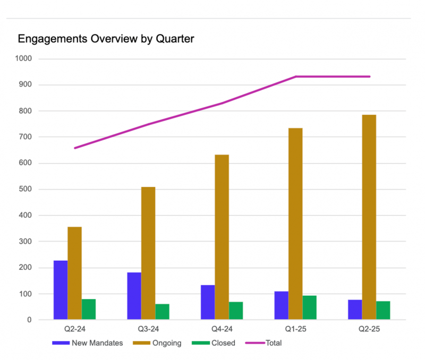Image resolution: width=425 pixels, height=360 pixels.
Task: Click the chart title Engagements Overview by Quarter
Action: pyautogui.click(x=106, y=39)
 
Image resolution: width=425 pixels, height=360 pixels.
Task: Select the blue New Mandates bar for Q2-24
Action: pyautogui.click(x=61, y=290)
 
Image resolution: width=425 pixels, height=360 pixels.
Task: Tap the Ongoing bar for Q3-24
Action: pyautogui.click(x=148, y=253)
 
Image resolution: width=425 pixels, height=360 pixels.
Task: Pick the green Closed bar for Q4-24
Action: pyautogui.click(x=236, y=311)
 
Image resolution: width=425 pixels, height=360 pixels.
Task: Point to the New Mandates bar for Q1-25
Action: pyautogui.click(x=282, y=305)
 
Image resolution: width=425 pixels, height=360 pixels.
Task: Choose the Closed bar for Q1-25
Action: pyautogui.click(x=310, y=307)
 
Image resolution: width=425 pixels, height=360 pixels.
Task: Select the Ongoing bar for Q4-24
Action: pyautogui.click(x=222, y=237)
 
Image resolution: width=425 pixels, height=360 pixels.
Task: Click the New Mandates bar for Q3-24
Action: pyautogui.click(x=134, y=296)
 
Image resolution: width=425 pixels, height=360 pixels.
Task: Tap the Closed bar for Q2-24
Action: pyautogui.click(x=89, y=309)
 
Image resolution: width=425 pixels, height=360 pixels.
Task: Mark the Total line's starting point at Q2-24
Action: pyautogui.click(x=75, y=148)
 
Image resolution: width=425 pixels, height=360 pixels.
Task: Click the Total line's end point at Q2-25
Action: pyautogui.click(x=369, y=76)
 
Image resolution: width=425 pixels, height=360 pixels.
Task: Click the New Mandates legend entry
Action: pyautogui.click(x=88, y=343)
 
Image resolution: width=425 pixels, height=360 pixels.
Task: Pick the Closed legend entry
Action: pyautogui.click(x=217, y=343)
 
